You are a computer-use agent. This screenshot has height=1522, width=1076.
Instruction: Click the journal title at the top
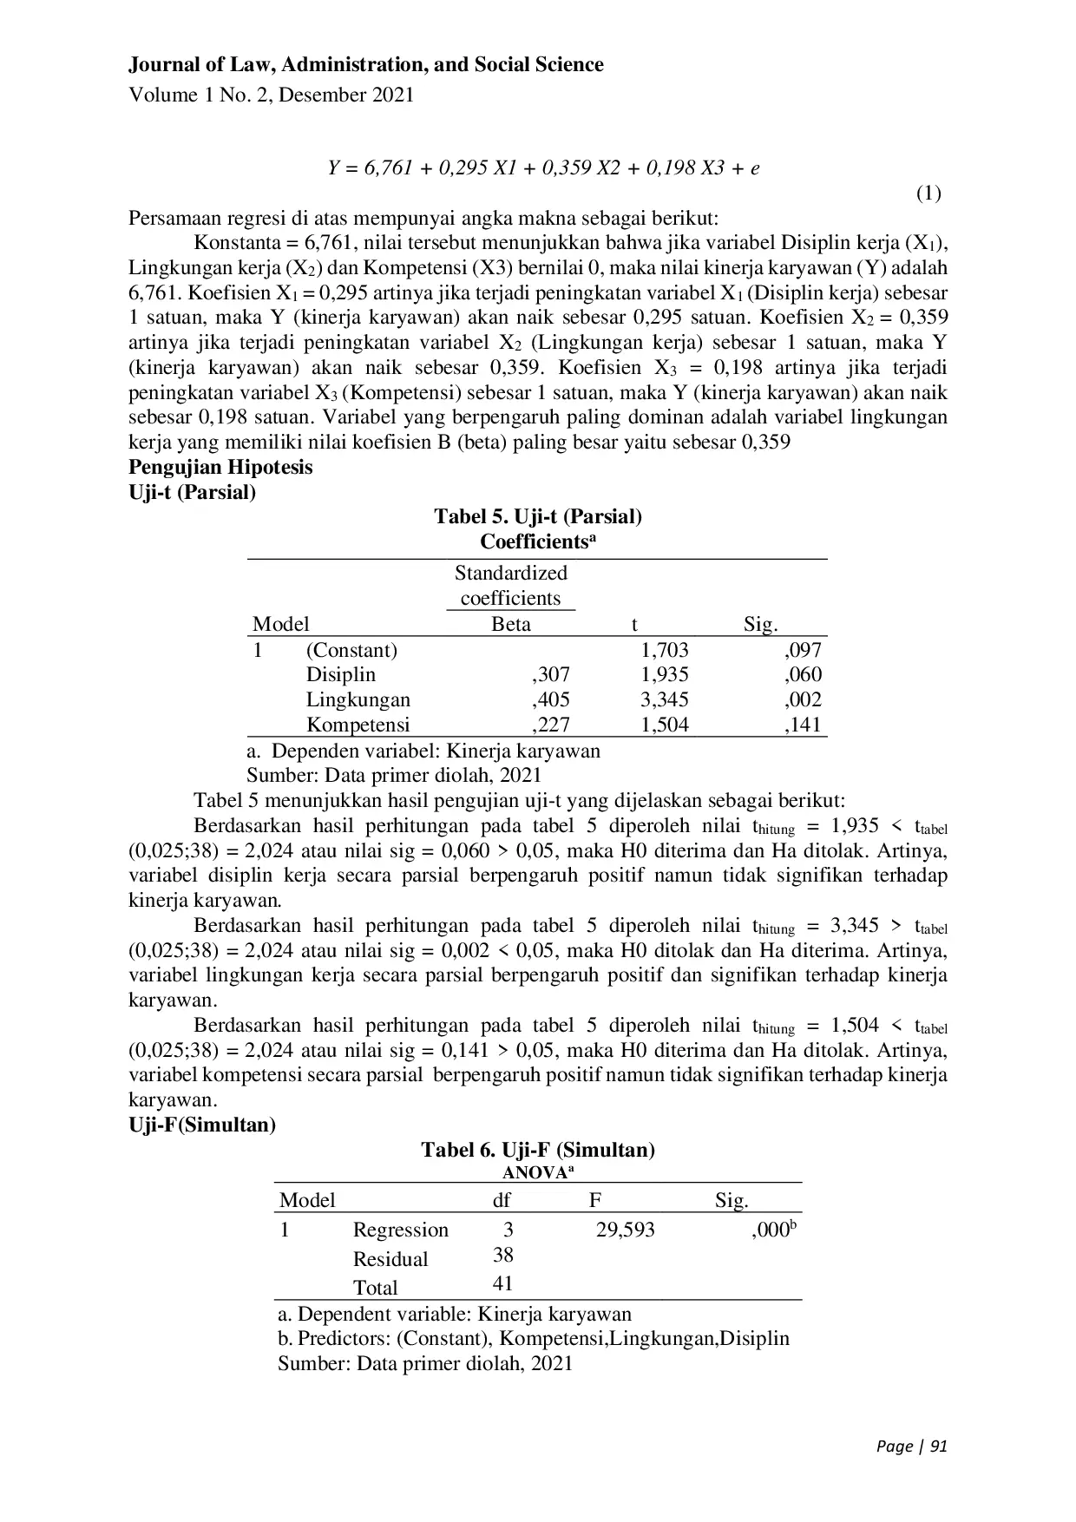point(365,65)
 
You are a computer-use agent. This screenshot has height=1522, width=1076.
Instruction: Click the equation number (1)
point(928,193)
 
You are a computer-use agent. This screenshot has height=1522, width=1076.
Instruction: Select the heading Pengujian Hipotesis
point(220,467)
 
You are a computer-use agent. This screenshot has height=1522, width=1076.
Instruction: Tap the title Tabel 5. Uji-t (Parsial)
point(538,517)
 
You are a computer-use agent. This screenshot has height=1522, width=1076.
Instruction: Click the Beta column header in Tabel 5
point(511,624)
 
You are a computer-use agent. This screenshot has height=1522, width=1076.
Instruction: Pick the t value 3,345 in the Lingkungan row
point(665,699)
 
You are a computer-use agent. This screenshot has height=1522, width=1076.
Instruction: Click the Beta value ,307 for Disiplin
point(550,674)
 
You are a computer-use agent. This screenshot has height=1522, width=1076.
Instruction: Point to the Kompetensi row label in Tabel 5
point(358,725)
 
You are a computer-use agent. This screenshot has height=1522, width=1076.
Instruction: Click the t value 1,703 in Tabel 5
point(665,650)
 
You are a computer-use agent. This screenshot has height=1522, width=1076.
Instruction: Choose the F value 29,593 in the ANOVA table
point(625,1230)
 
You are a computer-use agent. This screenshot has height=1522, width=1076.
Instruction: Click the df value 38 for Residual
point(502,1255)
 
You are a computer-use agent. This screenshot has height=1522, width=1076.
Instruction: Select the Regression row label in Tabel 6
point(401,1230)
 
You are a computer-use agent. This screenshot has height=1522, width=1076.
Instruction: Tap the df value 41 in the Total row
point(502,1283)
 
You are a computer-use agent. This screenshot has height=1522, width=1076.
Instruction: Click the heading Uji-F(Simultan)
point(202,1125)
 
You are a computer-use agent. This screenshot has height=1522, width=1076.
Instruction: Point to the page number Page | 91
point(911,1447)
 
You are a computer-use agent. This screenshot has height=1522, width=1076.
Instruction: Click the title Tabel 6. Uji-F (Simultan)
point(538,1151)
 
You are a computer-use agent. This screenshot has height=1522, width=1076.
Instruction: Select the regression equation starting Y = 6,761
point(543,168)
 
